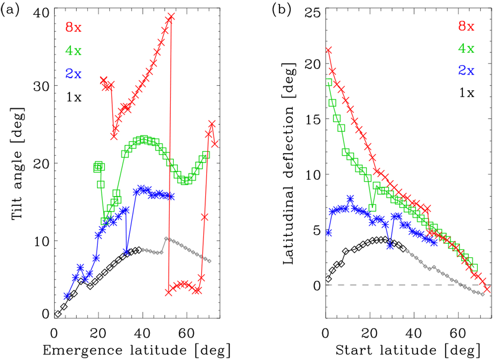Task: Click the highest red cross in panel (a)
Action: click(171, 17)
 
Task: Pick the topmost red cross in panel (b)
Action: click(328, 50)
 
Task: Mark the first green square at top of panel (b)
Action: click(328, 82)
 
